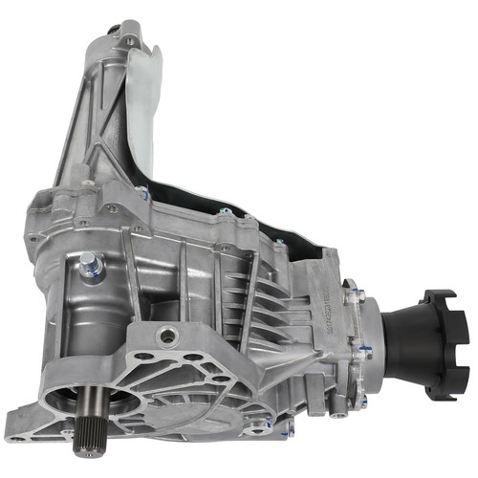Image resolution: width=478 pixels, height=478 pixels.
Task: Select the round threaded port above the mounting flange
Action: click(x=168, y=336)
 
